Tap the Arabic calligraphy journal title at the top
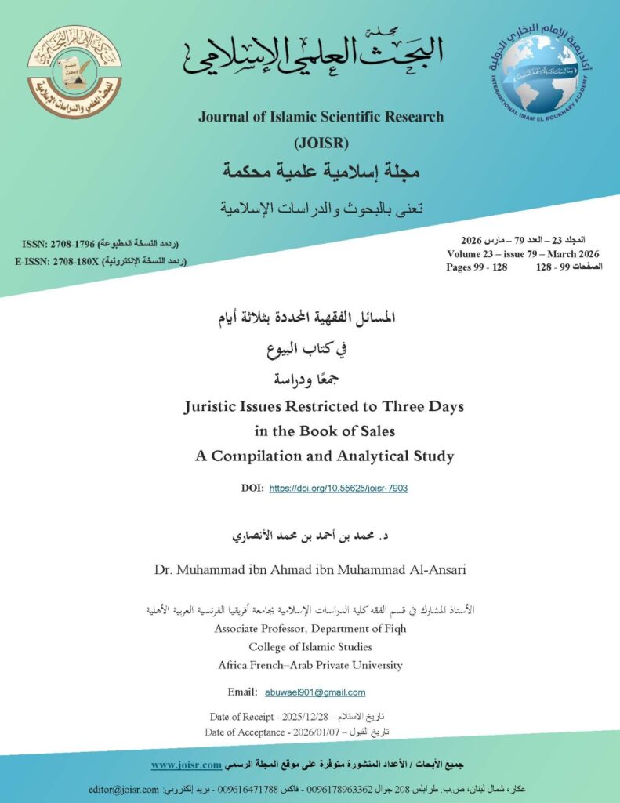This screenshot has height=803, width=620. [314, 53]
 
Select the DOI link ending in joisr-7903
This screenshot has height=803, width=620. [338, 488]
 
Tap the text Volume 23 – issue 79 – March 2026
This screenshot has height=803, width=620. [523, 254]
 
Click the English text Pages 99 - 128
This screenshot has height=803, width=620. [477, 267]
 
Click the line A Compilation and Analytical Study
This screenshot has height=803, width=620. [325, 456]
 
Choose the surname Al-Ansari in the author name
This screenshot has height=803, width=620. [435, 568]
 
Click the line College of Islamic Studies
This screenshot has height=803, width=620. [310, 647]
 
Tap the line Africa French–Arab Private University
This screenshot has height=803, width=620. [310, 665]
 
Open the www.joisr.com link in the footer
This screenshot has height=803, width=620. [185, 764]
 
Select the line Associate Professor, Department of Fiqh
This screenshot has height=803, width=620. [310, 629]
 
